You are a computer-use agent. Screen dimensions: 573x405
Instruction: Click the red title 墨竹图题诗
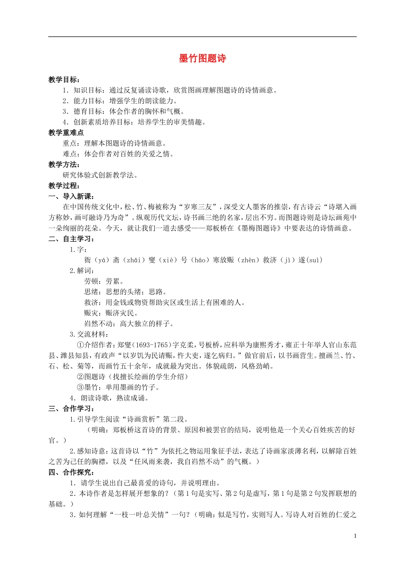point(202,59)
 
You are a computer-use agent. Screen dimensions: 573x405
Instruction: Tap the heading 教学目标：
point(64,80)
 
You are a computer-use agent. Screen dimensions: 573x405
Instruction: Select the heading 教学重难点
point(66,133)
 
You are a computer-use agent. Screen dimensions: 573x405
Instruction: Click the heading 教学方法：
point(64,165)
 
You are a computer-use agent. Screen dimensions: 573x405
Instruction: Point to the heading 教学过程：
point(64,185)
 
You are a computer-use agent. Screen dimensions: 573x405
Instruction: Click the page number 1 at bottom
point(355,536)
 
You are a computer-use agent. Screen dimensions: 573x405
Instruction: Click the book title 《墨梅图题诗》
point(258,228)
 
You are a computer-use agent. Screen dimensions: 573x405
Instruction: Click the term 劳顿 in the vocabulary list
point(91,281)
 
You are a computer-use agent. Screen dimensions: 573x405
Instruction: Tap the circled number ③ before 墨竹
point(80,388)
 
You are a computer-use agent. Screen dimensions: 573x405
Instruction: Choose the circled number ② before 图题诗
point(80,377)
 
